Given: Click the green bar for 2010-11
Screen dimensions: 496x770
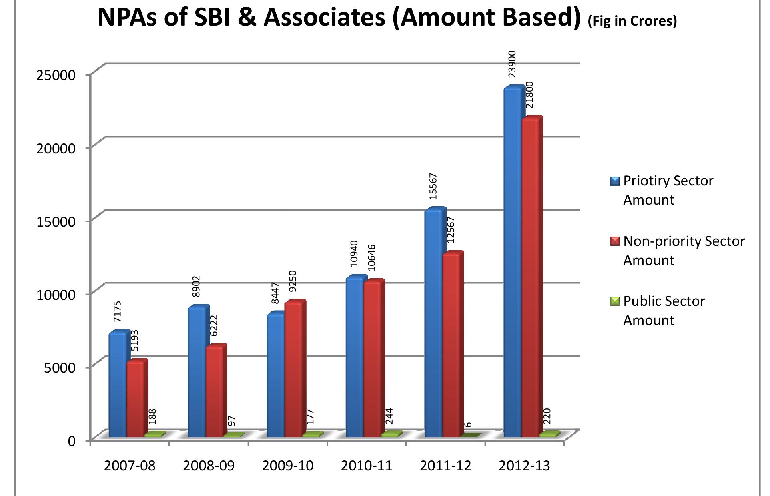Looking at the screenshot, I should (x=391, y=434).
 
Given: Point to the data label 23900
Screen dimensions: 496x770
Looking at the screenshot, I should (x=512, y=64).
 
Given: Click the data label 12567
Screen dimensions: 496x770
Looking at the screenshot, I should (x=451, y=230).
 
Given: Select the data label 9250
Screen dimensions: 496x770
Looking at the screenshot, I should (x=293, y=281).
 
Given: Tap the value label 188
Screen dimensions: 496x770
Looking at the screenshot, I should (x=152, y=416).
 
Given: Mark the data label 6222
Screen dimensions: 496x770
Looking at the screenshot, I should (x=214, y=325).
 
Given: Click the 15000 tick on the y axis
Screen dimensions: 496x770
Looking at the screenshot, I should (x=56, y=221).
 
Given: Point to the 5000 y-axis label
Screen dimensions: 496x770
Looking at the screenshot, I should (x=60, y=367).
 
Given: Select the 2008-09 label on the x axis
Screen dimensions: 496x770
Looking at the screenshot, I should (x=209, y=466).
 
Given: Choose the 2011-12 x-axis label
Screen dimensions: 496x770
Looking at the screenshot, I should (x=445, y=466).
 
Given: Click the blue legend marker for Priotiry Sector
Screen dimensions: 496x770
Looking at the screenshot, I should (x=615, y=181).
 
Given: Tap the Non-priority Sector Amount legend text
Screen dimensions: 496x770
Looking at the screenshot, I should (x=684, y=251).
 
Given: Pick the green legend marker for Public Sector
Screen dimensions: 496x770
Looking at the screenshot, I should (x=615, y=301).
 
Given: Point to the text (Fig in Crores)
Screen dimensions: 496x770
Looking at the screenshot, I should (x=632, y=20).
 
